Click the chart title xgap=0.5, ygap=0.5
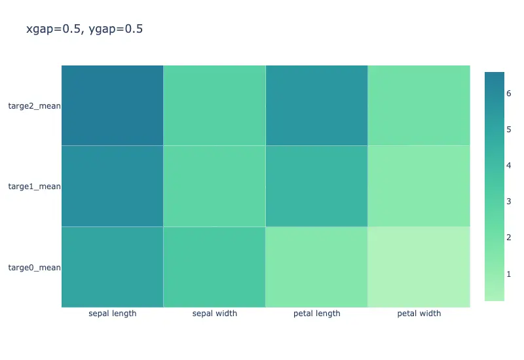84,29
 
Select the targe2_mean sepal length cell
112,105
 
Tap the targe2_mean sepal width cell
215,105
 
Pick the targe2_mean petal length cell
317,105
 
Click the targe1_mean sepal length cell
112,186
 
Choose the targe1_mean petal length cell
317,186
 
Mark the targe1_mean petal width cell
419,186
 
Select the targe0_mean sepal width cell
215,267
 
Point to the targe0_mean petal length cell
317,267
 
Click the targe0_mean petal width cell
419,267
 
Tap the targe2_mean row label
35,106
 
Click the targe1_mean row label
35,187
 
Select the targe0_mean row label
35,268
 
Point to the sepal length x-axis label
113,314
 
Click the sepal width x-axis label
215,314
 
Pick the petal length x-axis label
317,314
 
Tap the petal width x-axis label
419,314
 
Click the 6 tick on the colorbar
509,94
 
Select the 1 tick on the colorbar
509,274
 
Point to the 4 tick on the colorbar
509,166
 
